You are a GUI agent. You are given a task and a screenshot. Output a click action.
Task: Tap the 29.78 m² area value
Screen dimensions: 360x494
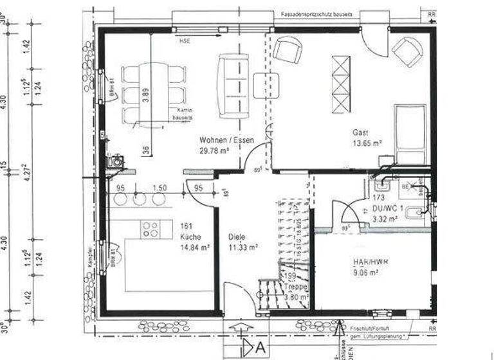(215, 151)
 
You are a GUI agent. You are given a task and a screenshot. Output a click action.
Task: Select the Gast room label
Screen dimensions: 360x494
(359, 132)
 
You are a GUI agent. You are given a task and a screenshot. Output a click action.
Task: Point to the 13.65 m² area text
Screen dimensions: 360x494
(367, 143)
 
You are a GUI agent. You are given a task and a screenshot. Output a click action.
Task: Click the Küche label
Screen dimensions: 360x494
(191, 236)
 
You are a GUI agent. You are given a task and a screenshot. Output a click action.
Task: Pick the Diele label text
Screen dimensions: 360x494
(237, 236)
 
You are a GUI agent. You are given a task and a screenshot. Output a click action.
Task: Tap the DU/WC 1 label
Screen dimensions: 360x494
(387, 208)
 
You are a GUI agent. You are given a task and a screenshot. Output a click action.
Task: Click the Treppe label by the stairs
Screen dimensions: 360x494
(295, 287)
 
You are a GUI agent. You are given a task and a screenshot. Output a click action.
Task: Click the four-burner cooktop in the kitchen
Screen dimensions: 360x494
(151, 230)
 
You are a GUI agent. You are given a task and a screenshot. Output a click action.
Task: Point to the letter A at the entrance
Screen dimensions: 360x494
(261, 348)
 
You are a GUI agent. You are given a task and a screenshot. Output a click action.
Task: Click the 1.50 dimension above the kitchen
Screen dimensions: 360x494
(160, 188)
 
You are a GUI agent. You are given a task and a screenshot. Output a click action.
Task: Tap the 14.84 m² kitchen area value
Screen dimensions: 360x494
(196, 247)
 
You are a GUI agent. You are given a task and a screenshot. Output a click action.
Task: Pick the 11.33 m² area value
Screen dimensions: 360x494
(243, 247)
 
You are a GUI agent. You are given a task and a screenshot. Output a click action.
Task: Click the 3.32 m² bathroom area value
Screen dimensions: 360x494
(386, 219)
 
